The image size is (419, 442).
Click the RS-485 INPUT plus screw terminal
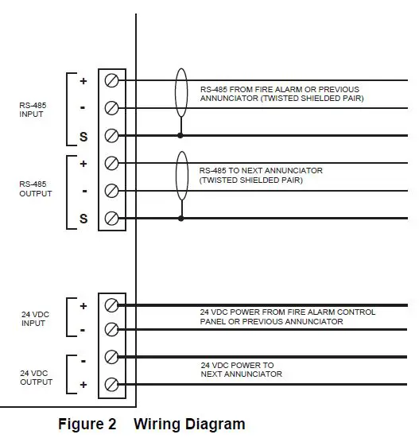111,80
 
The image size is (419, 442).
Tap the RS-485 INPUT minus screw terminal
111,108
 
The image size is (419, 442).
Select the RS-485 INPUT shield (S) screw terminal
111,136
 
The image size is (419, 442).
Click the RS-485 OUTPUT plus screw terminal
111,164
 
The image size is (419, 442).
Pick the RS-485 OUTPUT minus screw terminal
111,191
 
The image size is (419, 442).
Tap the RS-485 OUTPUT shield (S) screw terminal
111,219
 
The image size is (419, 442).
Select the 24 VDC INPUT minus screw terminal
111,330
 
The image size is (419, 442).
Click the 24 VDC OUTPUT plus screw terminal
111,386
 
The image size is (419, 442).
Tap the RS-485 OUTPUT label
35,188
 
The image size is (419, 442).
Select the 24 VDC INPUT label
35,319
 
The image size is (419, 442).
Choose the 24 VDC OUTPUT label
35,377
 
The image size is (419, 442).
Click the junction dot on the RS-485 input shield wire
181,136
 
